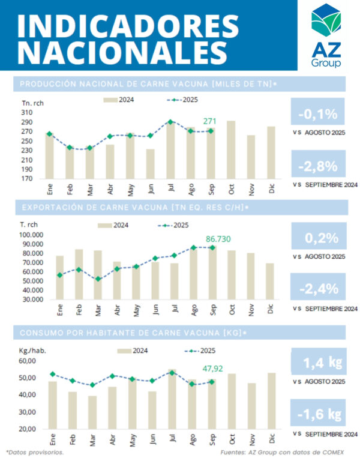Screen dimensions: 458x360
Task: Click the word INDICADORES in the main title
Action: (x=125, y=25)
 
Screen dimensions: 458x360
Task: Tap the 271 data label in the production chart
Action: (x=209, y=121)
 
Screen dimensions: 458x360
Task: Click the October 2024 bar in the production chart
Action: (x=230, y=149)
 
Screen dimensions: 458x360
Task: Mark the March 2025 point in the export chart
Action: (x=98, y=279)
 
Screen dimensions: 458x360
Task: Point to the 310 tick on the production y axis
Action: (x=28, y=112)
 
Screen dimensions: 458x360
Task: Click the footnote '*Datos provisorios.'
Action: (x=34, y=451)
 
